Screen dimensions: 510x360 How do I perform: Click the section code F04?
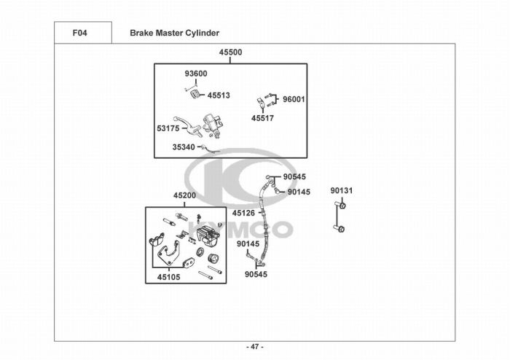tap(80, 33)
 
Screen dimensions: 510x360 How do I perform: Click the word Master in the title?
tap(170, 33)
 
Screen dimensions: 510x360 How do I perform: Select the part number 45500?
tap(230, 52)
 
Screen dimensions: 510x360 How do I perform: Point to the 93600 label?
tap(195, 74)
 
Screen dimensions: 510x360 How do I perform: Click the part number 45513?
tap(219, 95)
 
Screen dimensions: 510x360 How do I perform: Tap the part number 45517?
tap(262, 118)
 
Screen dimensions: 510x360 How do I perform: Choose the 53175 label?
tap(168, 128)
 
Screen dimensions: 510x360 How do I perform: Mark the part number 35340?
tap(184, 146)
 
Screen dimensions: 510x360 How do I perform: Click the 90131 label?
tap(341, 191)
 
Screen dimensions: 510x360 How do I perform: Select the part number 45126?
tap(243, 213)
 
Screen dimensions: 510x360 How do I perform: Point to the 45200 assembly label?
tap(184, 196)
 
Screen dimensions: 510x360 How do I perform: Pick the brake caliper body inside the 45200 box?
tap(207, 235)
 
